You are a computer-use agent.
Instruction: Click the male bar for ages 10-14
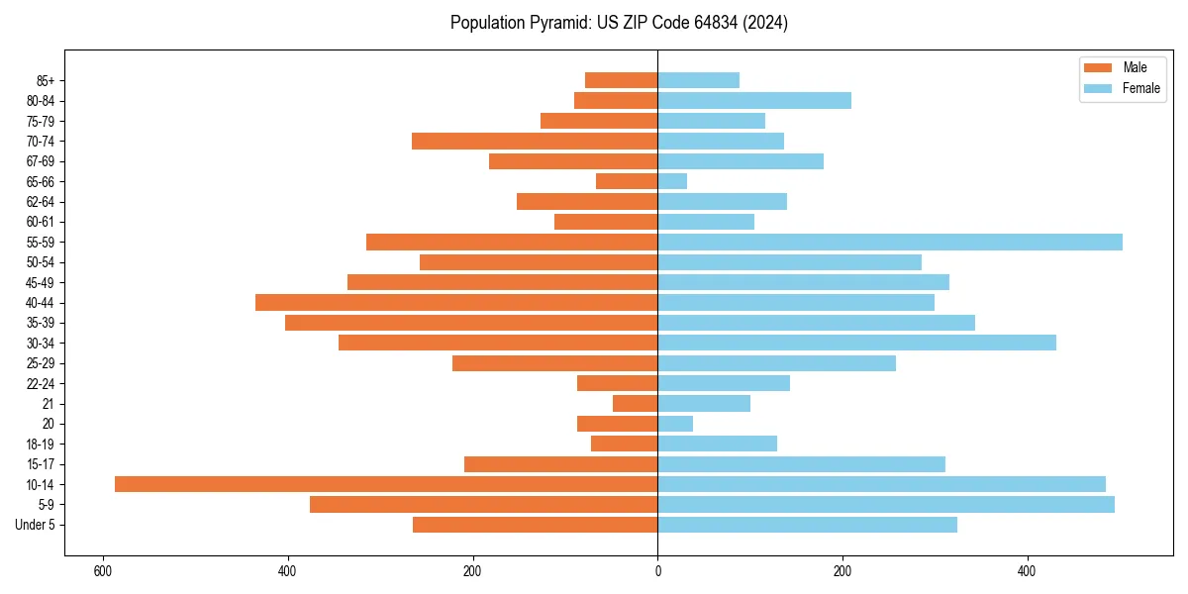click(386, 484)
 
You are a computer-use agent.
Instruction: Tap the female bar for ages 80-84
click(754, 100)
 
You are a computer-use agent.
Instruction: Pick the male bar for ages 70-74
click(535, 141)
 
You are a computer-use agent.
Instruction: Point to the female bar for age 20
click(675, 424)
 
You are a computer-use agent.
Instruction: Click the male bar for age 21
click(635, 403)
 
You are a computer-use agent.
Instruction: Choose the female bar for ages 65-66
click(672, 181)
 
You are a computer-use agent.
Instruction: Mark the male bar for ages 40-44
click(456, 302)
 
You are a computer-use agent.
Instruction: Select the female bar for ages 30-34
click(856, 343)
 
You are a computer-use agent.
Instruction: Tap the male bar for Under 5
click(535, 525)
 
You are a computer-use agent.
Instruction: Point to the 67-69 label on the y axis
click(41, 161)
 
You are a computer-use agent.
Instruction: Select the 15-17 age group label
click(41, 464)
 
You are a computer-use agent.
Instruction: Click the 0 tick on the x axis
click(657, 571)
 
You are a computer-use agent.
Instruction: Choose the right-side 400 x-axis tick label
click(1027, 571)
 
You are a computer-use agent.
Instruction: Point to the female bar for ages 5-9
click(886, 504)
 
